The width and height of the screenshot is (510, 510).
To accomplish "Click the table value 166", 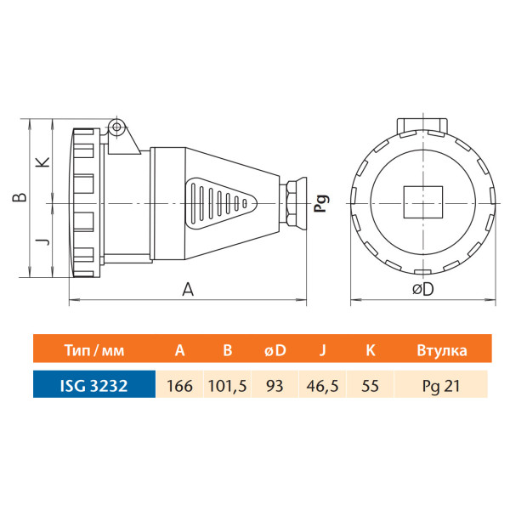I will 180,385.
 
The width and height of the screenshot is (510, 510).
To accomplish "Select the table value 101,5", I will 228,385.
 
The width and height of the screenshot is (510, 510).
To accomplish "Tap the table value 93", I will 274,385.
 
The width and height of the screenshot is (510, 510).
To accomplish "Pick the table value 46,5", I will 320,385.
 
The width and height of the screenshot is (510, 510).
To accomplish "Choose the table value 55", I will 370,385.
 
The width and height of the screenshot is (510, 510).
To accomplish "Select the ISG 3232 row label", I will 93,385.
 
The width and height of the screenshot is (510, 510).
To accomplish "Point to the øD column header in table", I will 274,349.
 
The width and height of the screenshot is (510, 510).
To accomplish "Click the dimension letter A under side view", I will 189,289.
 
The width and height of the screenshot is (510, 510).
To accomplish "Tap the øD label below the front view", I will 422,289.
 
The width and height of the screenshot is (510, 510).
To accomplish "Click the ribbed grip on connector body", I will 218,205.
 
